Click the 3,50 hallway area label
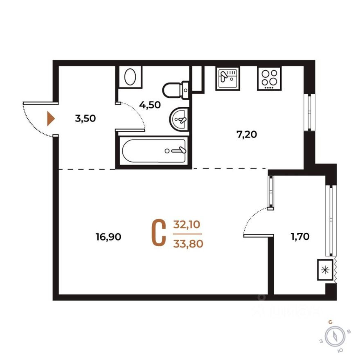(x=85, y=119)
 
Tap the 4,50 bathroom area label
(x=150, y=105)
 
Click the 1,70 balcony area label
(x=301, y=236)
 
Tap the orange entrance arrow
(x=51, y=119)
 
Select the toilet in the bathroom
(x=175, y=89)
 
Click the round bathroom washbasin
(x=179, y=119)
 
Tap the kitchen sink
(x=227, y=78)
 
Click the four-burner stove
(x=269, y=78)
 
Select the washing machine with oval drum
(x=131, y=76)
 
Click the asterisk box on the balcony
(x=326, y=270)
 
